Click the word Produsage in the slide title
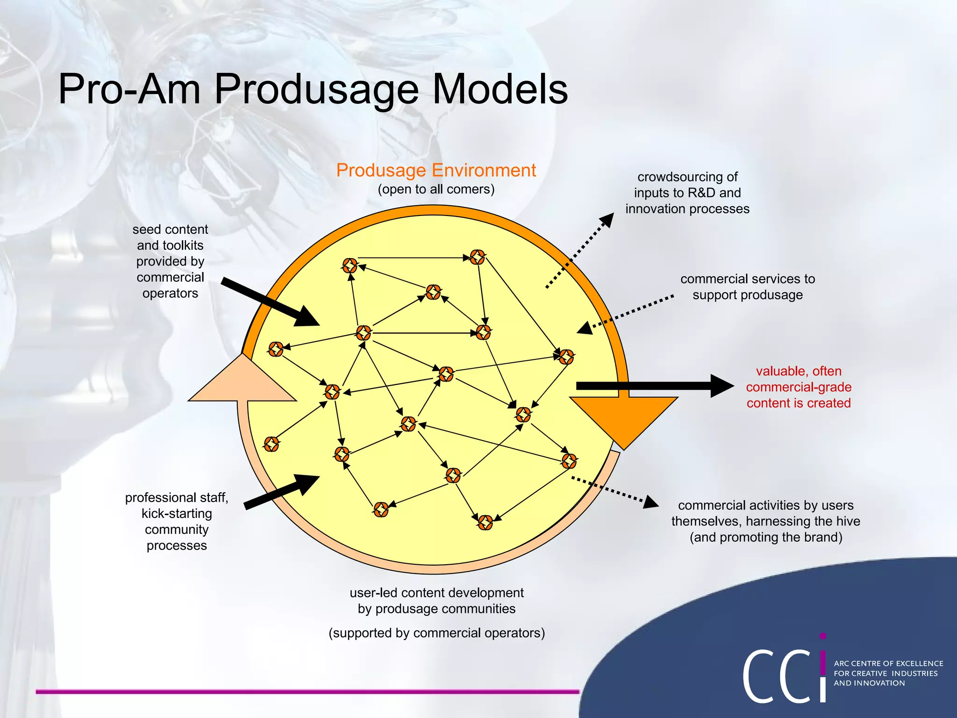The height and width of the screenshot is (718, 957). (x=316, y=90)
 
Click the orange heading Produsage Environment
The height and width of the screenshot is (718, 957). (x=436, y=171)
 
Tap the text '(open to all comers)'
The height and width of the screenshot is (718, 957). (x=436, y=189)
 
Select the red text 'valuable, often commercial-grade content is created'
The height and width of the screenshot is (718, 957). (x=798, y=387)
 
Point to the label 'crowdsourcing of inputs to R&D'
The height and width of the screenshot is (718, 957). (x=687, y=193)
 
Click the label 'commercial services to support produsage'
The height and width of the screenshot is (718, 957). (x=747, y=287)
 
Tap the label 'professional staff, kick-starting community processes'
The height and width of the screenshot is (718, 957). (x=177, y=521)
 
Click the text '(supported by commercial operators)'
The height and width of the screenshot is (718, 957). (x=436, y=633)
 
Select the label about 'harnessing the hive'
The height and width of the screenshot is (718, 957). (x=765, y=521)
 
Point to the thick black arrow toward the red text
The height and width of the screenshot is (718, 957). (x=654, y=386)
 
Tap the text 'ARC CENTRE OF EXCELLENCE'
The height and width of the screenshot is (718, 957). (x=888, y=663)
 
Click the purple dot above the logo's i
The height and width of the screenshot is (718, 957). (x=823, y=636)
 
